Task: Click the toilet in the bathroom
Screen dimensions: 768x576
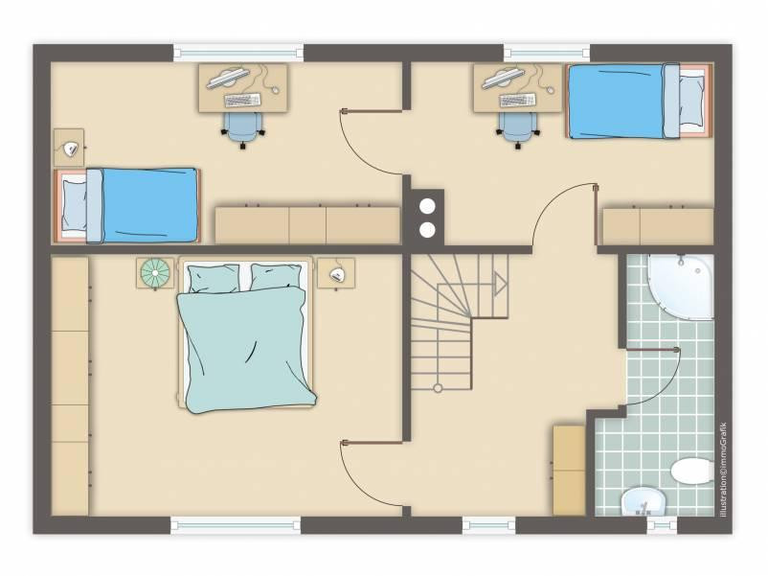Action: click(x=691, y=471)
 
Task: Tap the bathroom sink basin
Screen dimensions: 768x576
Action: click(x=644, y=501)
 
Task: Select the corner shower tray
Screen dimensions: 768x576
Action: click(x=681, y=287)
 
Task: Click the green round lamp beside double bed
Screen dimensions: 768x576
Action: click(x=155, y=272)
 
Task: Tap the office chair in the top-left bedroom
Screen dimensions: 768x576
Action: click(x=243, y=129)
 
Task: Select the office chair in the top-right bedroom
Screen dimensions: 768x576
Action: click(x=518, y=129)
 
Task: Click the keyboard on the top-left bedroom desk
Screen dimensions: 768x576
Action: click(x=242, y=100)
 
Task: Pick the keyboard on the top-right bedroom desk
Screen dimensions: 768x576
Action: click(x=517, y=100)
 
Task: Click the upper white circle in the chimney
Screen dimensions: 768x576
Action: click(x=428, y=206)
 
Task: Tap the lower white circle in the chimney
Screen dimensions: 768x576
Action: click(x=428, y=229)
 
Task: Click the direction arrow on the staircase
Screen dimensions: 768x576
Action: click(x=500, y=284)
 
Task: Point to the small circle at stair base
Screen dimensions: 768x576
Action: click(x=438, y=388)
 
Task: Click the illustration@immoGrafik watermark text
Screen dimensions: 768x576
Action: click(x=723, y=469)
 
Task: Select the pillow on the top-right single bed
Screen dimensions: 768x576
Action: click(x=691, y=101)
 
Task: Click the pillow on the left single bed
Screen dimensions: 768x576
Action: click(x=75, y=205)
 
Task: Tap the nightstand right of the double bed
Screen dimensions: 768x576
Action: click(x=336, y=273)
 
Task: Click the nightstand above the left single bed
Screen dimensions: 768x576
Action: click(x=69, y=148)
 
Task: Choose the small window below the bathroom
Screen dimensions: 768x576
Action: click(x=662, y=525)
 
